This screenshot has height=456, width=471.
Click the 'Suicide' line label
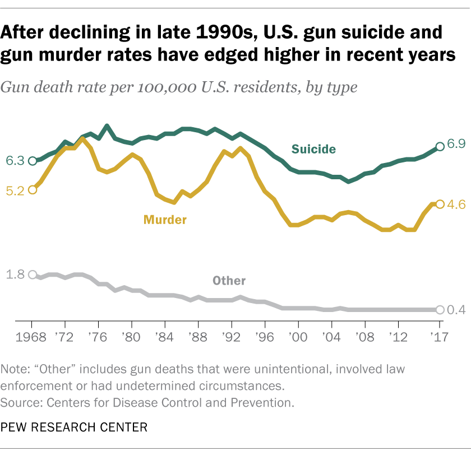click(x=313, y=149)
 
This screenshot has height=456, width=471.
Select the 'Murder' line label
click(x=165, y=220)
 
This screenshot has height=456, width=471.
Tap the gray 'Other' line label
click(x=229, y=281)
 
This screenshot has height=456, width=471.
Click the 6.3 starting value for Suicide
click(x=15, y=161)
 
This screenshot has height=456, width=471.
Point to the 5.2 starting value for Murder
click(x=15, y=190)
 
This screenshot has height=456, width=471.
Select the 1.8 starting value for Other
click(x=15, y=274)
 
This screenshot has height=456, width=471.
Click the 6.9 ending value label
click(x=456, y=144)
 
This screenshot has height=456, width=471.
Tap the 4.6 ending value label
click(x=456, y=205)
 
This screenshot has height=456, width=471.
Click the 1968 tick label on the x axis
click(x=32, y=337)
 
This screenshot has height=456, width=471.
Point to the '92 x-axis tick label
click(x=231, y=337)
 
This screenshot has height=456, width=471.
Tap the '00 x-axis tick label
click(x=298, y=337)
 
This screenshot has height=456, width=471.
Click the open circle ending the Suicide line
click(x=440, y=146)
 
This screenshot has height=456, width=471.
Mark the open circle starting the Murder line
click(x=32, y=189)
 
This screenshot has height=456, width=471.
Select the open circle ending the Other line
click(x=440, y=310)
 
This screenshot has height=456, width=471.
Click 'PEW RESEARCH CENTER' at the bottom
click(x=74, y=427)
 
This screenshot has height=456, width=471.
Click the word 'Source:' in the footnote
click(x=20, y=402)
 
